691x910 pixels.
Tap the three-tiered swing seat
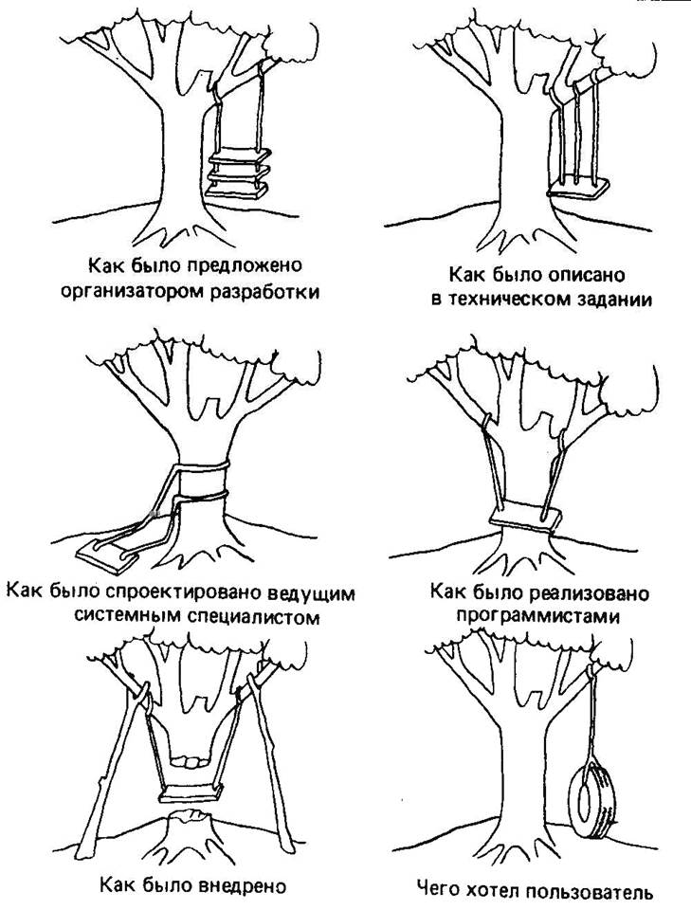click(239, 173)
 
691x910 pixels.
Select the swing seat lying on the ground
click(107, 555)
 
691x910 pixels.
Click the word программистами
click(537, 616)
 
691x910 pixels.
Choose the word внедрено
click(243, 885)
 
